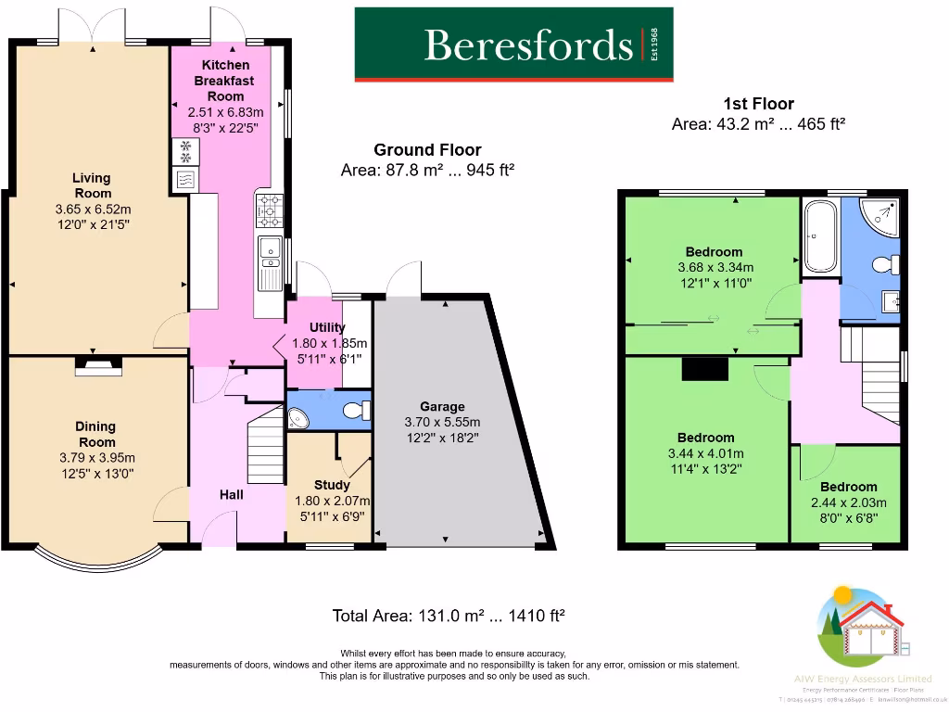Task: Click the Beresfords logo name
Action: [528, 44]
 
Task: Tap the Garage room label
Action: [442, 406]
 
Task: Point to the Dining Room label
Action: [95, 435]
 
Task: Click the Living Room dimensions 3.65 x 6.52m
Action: [93, 210]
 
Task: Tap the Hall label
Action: [232, 494]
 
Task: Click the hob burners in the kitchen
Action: [272, 210]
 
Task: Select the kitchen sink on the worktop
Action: [270, 249]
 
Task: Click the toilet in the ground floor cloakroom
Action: [353, 410]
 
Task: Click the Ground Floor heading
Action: [427, 150]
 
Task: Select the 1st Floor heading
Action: [758, 104]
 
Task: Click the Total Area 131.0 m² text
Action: [449, 616]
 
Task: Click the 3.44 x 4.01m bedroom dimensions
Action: [705, 453]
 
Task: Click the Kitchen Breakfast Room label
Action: [226, 81]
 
